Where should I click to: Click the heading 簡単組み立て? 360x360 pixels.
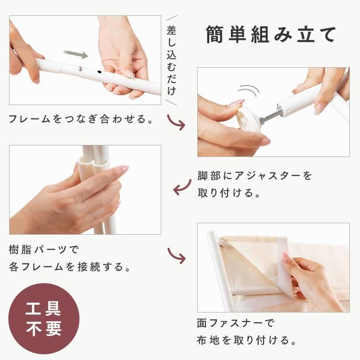coord(271,35)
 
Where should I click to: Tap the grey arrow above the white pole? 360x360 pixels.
coord(75,54)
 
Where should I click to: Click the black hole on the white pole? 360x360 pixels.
coord(99,72)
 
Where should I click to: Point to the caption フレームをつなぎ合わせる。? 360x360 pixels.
coord(81,119)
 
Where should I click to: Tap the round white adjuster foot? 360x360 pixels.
coord(248,119)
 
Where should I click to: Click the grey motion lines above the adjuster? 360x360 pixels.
coord(249,90)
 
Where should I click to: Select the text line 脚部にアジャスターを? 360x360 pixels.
coord(254,176)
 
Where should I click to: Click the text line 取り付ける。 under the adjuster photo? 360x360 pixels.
coord(229,193)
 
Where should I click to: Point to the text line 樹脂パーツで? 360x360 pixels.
coord(44,250)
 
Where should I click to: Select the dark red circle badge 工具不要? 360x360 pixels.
coord(44,319)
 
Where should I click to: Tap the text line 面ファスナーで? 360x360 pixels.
coord(236,323)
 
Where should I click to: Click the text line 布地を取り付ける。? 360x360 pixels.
coord(247,340)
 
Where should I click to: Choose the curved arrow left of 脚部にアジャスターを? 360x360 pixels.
coord(182,187)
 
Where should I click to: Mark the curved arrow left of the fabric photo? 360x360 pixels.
coord(177,255)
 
